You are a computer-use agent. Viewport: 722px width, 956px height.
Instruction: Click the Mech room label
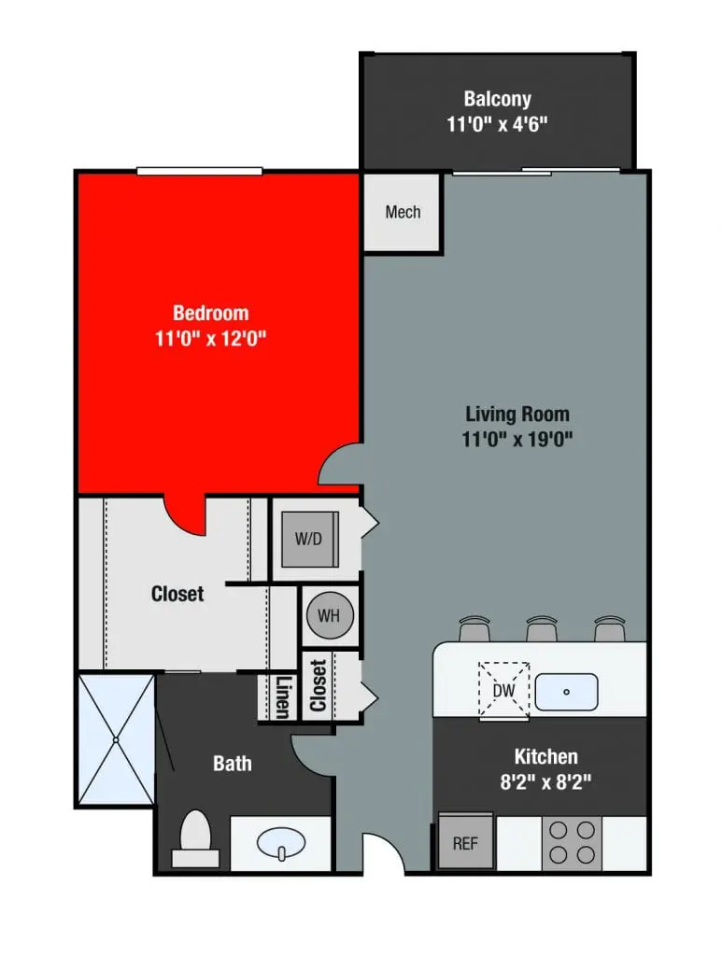pos(403,212)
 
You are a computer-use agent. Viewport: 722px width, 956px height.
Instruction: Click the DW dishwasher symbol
pos(504,691)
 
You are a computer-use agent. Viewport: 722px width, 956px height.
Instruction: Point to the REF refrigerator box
pos(465,842)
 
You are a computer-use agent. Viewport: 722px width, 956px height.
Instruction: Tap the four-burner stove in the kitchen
pos(573,842)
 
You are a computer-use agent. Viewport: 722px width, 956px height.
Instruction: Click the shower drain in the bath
pos(115,739)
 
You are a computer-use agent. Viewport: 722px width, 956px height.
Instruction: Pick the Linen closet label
pos(281,696)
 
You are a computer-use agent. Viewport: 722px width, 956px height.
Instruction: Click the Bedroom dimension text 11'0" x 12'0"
pos(211,339)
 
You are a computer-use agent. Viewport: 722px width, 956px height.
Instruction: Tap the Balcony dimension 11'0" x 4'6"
pos(497,124)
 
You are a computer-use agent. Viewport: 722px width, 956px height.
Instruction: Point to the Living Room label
pos(517,414)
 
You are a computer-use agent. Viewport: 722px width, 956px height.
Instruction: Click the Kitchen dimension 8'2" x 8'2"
pos(546,782)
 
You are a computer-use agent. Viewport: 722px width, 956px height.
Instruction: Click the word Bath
pos(232,764)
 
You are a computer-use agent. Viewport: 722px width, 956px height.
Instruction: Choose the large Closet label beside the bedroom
pos(177,593)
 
